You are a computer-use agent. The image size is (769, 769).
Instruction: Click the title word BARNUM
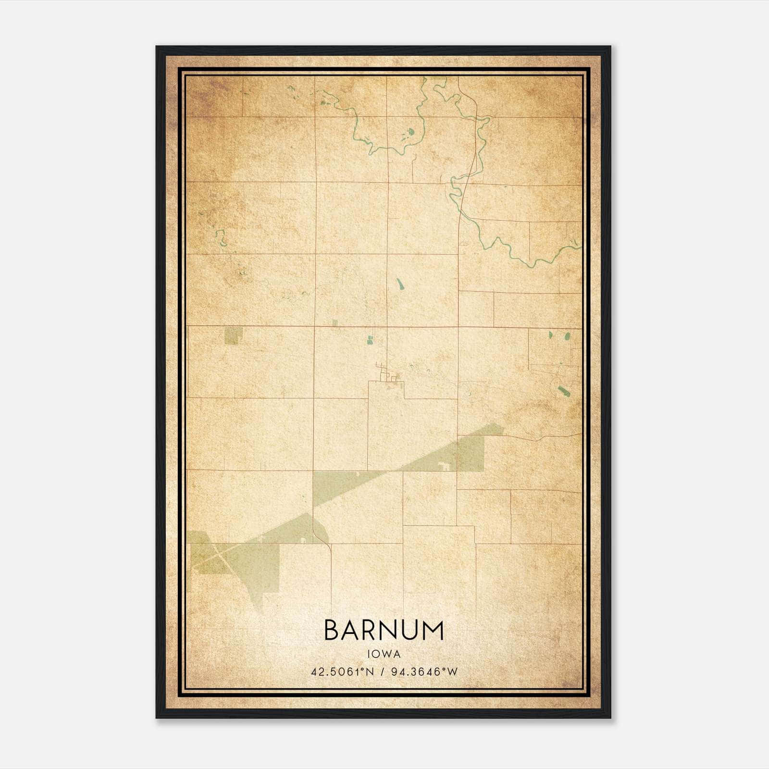pyautogui.click(x=384, y=631)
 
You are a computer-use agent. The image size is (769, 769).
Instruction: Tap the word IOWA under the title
pyautogui.click(x=384, y=654)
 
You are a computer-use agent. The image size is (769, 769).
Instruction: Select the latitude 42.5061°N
pyautogui.click(x=342, y=671)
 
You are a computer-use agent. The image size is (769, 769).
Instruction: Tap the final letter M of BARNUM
pyautogui.click(x=434, y=631)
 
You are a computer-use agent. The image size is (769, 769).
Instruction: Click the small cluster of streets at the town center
pyautogui.click(x=387, y=377)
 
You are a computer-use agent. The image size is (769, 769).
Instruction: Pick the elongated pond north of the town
pyautogui.click(x=399, y=284)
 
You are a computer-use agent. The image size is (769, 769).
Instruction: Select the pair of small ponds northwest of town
pyautogui.click(x=370, y=340)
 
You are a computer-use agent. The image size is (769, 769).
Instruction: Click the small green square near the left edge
pyautogui.click(x=233, y=336)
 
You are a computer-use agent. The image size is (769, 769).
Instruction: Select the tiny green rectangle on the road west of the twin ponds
pyautogui.click(x=335, y=322)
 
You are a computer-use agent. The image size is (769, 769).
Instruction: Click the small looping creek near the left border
pyautogui.click(x=221, y=236)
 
